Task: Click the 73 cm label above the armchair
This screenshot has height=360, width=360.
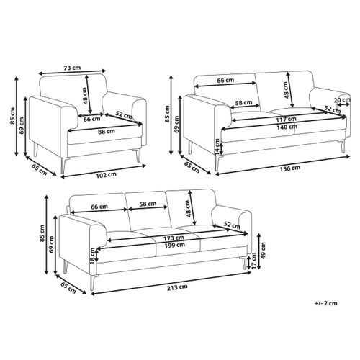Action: pos(72,68)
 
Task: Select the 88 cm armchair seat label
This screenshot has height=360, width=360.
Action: pos(107,131)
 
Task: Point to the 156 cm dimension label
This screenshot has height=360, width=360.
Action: pos(290,168)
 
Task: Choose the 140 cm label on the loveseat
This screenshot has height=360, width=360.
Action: pos(287,127)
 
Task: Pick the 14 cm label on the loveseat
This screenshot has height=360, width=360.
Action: pos(217,146)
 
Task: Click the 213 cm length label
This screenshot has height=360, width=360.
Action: pos(177,287)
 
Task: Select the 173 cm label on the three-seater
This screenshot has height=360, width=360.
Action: pos(174,238)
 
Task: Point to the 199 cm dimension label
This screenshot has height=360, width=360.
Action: pos(175,245)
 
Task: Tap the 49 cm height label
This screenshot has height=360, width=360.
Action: pos(264,251)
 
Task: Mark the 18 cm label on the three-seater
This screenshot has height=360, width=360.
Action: pos(93,256)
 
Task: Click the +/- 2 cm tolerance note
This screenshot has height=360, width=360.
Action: pos(326,303)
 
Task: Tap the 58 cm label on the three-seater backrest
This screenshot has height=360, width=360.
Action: pos(148,204)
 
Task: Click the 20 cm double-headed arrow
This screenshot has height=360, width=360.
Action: pos(343,104)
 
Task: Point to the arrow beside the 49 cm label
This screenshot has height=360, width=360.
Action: pos(259,251)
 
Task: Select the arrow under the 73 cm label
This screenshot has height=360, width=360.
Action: pos(72,72)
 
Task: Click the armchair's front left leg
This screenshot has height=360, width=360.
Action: pos(63,166)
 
